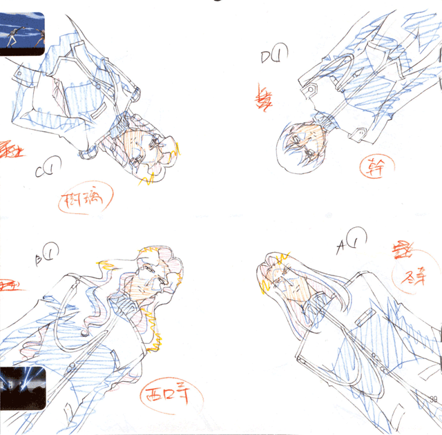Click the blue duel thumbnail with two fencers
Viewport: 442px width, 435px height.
point(22,34)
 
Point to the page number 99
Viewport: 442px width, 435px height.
point(434,398)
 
